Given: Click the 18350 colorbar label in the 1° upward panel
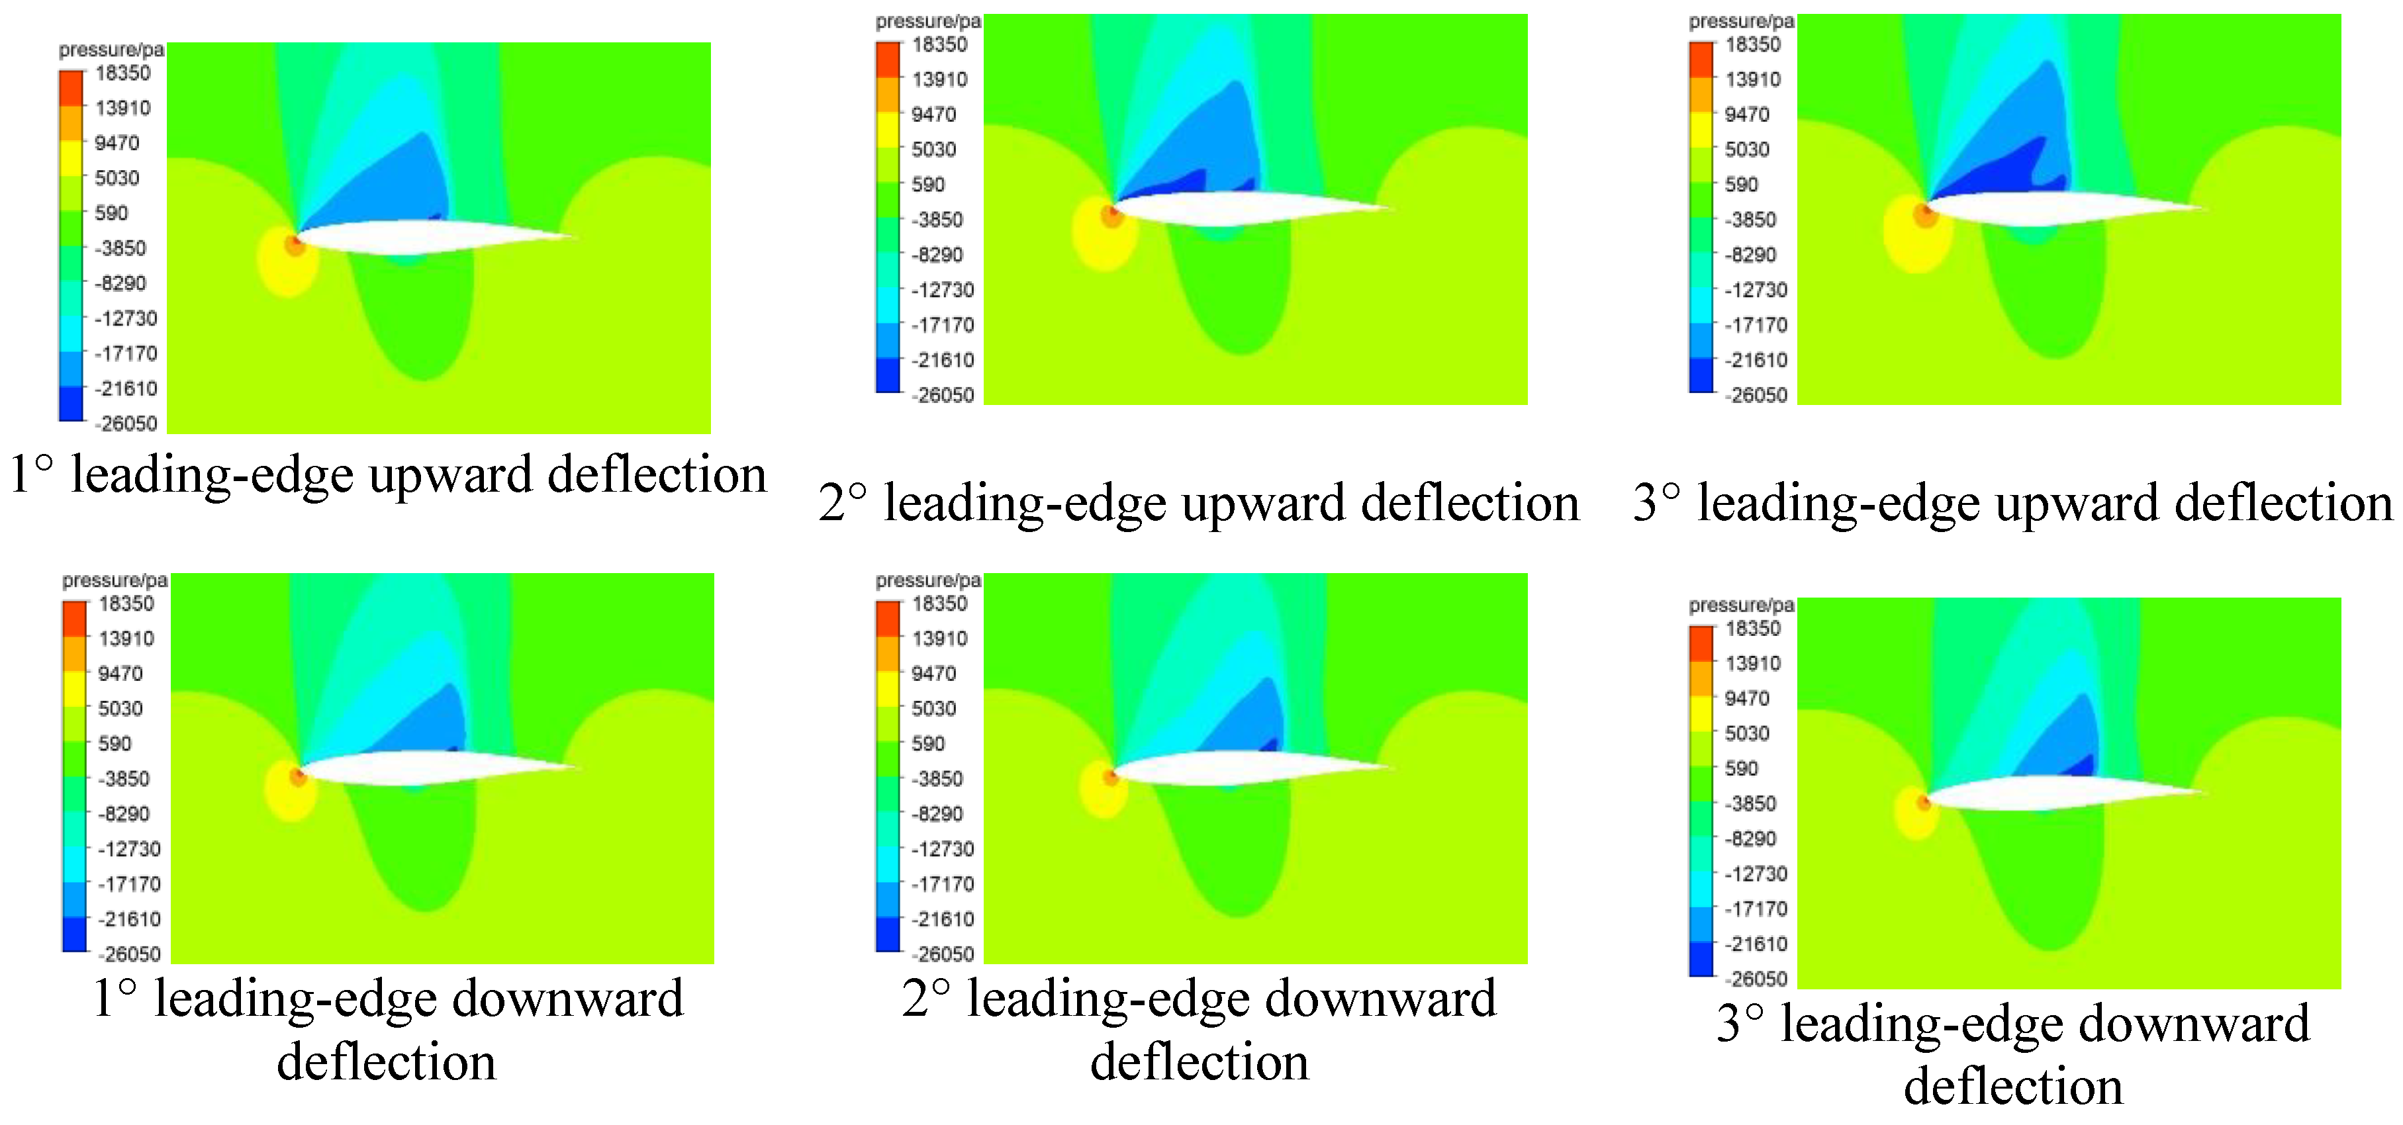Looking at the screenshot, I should pyautogui.click(x=122, y=73).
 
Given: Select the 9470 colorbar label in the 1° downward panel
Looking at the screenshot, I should pyautogui.click(x=120, y=674).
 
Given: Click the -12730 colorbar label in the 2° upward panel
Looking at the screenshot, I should pyautogui.click(x=942, y=290).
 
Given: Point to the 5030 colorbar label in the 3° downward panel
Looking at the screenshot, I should pyautogui.click(x=1747, y=733).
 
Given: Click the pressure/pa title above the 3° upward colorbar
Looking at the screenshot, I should pyautogui.click(x=1740, y=21).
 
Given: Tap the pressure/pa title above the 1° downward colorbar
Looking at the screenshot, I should pyautogui.click(x=115, y=580).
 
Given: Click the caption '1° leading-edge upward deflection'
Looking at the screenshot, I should pyautogui.click(x=388, y=474).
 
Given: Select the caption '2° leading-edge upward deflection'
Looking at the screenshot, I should pyautogui.click(x=1200, y=503).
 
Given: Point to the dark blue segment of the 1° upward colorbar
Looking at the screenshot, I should pyautogui.click(x=71, y=404).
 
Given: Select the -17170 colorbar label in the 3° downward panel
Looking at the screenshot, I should pyautogui.click(x=1756, y=909).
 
